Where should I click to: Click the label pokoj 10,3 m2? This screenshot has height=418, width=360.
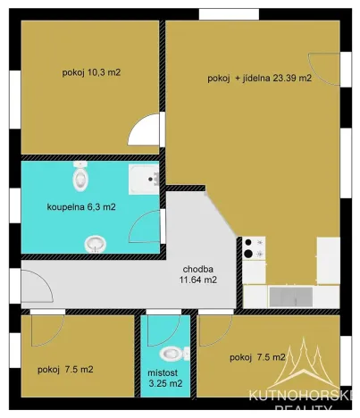pyautogui.click(x=91, y=71)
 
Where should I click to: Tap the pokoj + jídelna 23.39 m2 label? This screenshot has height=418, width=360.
pyautogui.click(x=259, y=79)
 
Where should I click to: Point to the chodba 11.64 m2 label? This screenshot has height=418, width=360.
pyautogui.click(x=197, y=273)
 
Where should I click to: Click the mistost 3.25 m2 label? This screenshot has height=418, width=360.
pyautogui.click(x=164, y=377)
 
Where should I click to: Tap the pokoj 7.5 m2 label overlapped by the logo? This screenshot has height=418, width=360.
pyautogui.click(x=257, y=357)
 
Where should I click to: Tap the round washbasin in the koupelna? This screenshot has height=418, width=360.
pyautogui.click(x=94, y=242)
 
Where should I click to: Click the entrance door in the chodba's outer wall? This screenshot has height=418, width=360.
pyautogui.click(x=32, y=288)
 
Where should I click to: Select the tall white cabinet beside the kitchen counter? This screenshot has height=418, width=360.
pyautogui.click(x=328, y=259)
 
